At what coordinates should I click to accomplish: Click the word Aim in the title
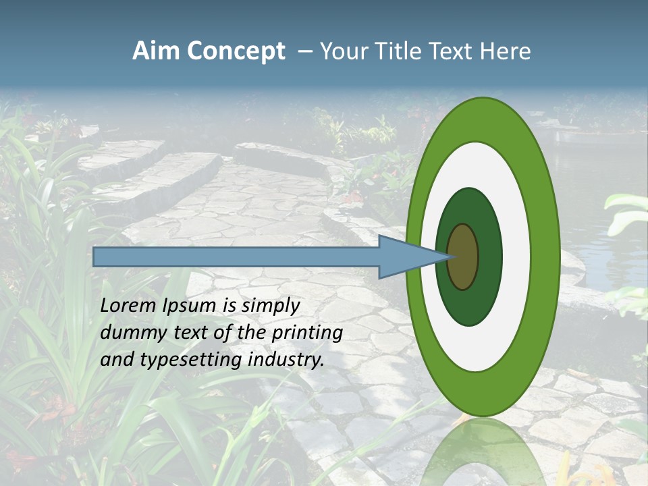pyautogui.click(x=157, y=51)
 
